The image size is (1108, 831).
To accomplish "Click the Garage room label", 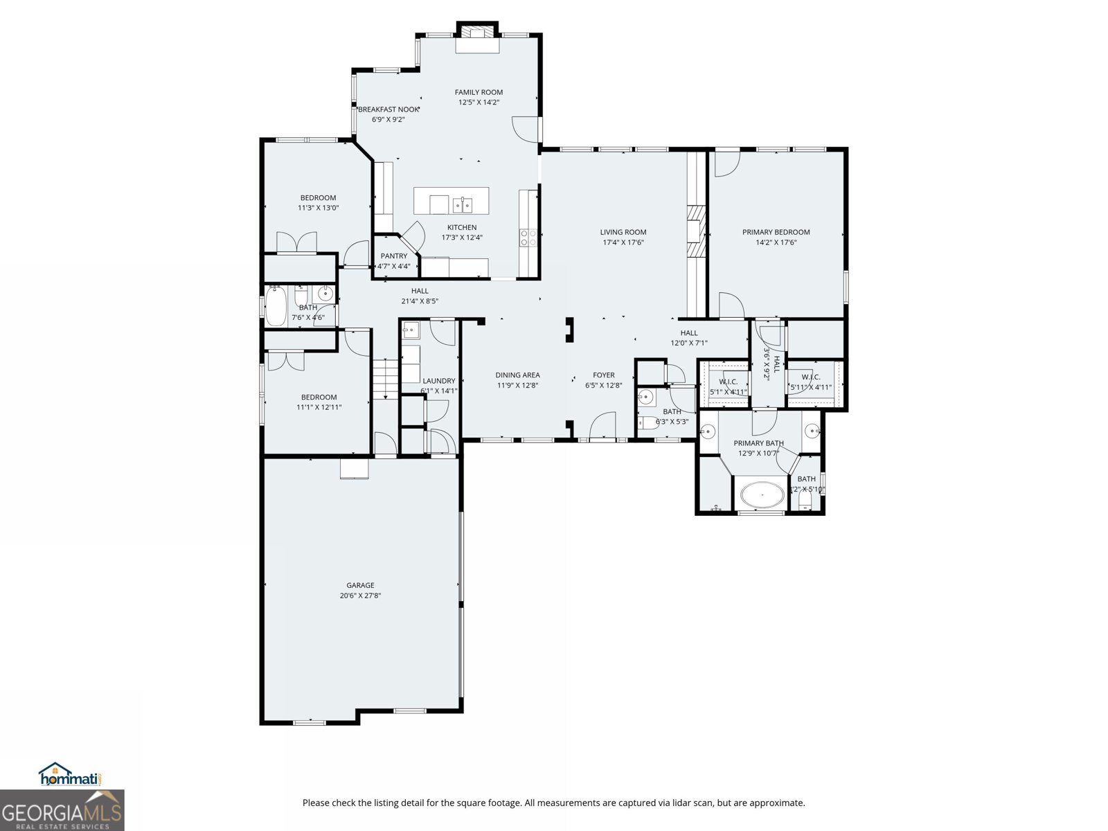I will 360,585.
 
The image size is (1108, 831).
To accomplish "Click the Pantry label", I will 393,256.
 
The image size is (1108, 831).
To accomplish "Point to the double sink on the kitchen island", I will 463,204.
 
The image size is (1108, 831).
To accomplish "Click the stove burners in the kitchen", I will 528,238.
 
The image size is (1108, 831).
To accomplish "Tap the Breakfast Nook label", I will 388,109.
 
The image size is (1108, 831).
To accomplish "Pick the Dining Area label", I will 517,375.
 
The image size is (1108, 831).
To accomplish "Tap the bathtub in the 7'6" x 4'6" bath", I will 276,307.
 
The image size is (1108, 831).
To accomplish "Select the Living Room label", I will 623,233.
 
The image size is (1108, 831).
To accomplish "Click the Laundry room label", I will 439,381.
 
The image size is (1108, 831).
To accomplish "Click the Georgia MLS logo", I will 62,810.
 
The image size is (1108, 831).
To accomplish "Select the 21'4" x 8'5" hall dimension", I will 420,301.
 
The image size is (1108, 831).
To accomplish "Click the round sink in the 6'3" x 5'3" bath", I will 645,397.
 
